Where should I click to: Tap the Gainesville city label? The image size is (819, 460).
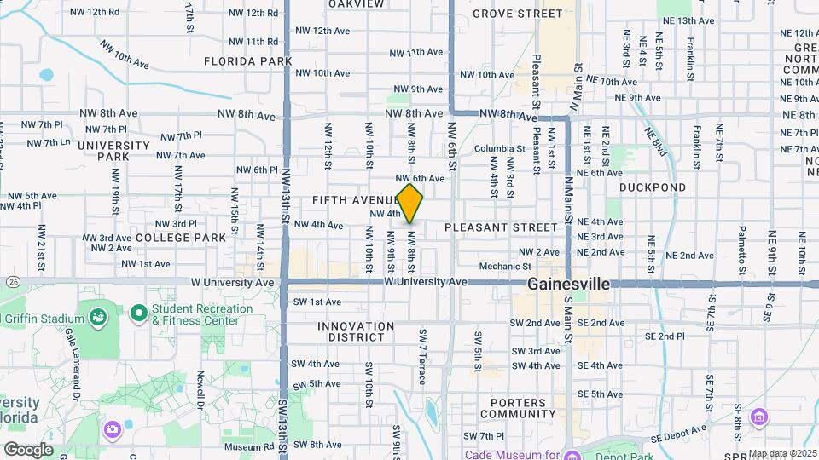point(568,285)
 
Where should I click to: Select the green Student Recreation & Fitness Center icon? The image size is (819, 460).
point(138,314)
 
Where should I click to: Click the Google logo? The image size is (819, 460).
point(27,449)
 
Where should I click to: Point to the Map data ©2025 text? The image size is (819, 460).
point(782,453)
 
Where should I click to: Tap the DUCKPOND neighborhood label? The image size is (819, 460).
point(652,187)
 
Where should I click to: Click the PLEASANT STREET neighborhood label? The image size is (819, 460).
point(501,227)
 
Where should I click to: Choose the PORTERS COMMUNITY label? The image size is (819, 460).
point(518,407)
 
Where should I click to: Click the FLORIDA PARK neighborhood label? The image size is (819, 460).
point(236,61)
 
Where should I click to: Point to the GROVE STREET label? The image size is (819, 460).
point(517,14)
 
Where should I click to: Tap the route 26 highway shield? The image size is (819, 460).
point(11,282)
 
